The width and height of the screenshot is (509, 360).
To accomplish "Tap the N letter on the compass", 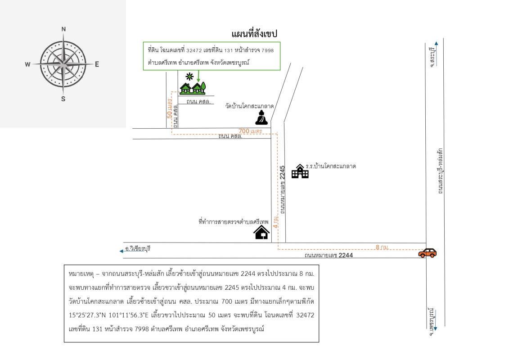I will point(63,29).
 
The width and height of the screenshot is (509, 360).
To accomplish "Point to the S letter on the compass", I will point(63,99).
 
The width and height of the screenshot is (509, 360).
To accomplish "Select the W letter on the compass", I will point(28,64).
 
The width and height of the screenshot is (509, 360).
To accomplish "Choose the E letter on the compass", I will point(97,64).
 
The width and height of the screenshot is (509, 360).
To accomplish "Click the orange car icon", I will point(427,253).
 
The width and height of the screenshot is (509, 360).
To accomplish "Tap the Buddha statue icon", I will point(261,118).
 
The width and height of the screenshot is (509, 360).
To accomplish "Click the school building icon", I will point(300,171).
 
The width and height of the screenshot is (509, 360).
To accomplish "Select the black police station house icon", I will point(261,232).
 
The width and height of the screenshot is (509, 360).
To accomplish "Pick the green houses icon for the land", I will point(193,88).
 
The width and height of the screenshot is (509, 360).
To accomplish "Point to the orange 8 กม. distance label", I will point(382,247).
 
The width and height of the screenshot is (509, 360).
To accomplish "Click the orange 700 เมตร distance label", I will point(250,131).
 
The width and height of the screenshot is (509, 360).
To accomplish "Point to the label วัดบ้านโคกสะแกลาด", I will point(250,107).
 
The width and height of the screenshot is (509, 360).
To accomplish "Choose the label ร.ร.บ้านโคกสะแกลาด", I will point(331,166).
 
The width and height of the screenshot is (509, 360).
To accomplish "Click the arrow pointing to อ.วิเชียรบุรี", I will point(122,251).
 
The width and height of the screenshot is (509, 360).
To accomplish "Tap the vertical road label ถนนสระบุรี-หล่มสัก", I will point(440,171).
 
